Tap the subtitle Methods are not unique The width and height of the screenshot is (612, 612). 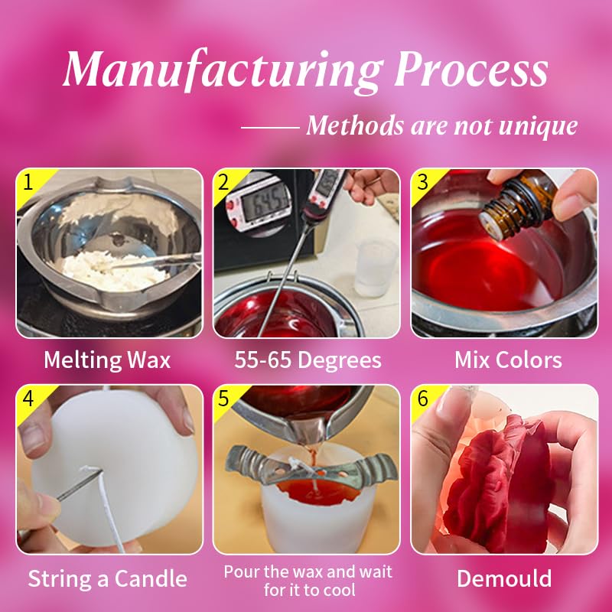click(x=441, y=125)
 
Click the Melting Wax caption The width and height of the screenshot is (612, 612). click(x=107, y=360)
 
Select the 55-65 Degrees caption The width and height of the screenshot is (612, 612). click(x=306, y=360)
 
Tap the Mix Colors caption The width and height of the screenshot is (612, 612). click(x=508, y=360)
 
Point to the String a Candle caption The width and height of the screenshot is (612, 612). click(x=107, y=578)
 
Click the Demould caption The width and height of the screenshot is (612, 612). click(x=504, y=578)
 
